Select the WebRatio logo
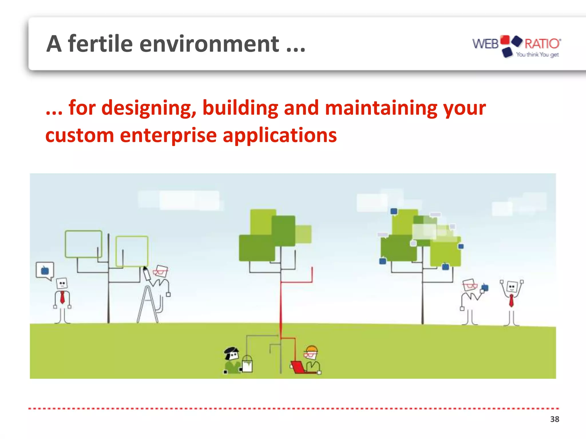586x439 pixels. pyautogui.click(x=516, y=46)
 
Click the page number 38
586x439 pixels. pyautogui.click(x=555, y=419)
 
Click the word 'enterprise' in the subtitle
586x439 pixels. pyautogui.click(x=168, y=135)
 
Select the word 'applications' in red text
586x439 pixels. pyautogui.click(x=280, y=135)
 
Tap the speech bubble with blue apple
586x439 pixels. pyautogui.click(x=45, y=270)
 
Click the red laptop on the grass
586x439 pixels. pyautogui.click(x=298, y=367)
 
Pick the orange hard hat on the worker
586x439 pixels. pyautogui.click(x=312, y=349)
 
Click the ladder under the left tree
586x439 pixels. pyautogui.click(x=147, y=305)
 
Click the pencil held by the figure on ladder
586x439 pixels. pyautogui.click(x=146, y=274)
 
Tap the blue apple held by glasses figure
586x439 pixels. pyautogui.click(x=485, y=288)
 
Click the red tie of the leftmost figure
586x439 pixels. pyautogui.click(x=62, y=298)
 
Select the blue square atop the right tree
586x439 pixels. pyautogui.click(x=394, y=211)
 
